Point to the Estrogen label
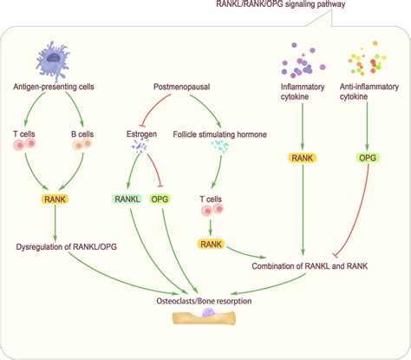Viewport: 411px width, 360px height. (140, 133)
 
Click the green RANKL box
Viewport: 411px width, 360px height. (127, 199)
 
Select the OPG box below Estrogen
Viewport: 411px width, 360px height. (160, 199)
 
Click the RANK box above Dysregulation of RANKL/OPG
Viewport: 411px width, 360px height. (57, 199)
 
